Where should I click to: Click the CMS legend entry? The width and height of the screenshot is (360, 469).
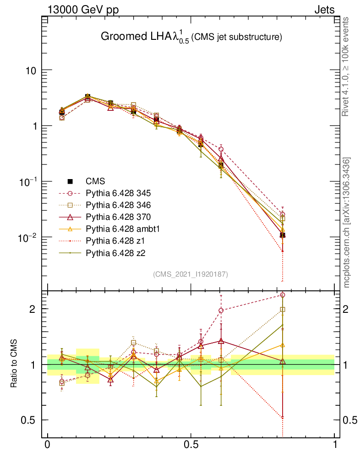[95, 181]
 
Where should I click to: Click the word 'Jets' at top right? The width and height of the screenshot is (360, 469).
[324, 10]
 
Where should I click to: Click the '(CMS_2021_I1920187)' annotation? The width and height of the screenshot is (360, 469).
[191, 274]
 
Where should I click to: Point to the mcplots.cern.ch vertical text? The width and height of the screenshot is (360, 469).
[348, 223]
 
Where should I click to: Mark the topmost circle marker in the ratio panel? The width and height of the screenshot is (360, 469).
[283, 295]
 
